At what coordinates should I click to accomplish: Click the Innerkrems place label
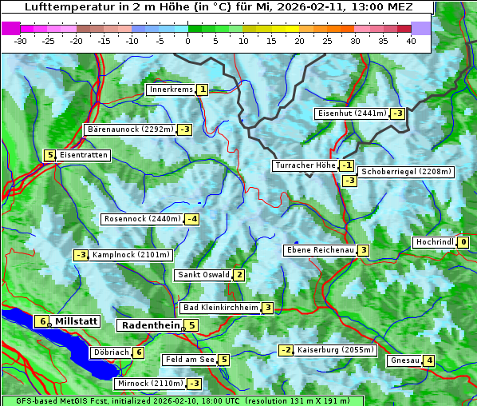(171, 90)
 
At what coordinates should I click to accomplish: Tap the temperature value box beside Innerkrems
(203, 90)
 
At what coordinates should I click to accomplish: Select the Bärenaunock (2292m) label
(129, 129)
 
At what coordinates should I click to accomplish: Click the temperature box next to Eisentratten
(49, 155)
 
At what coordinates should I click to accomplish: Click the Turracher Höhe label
(305, 165)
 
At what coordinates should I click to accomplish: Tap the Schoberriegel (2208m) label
(406, 172)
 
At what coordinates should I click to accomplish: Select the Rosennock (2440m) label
(143, 218)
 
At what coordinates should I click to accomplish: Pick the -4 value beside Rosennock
(191, 219)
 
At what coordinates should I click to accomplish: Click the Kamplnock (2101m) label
(131, 255)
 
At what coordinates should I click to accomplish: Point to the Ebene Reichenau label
(320, 250)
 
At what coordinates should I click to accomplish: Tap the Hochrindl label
(434, 242)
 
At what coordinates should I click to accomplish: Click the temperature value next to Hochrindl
(463, 242)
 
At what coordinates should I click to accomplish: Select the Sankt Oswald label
(203, 275)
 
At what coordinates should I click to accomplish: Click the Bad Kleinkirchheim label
(221, 308)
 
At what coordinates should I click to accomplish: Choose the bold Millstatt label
(77, 321)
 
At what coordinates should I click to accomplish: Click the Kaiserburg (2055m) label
(335, 350)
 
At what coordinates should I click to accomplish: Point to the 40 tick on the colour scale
(411, 40)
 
